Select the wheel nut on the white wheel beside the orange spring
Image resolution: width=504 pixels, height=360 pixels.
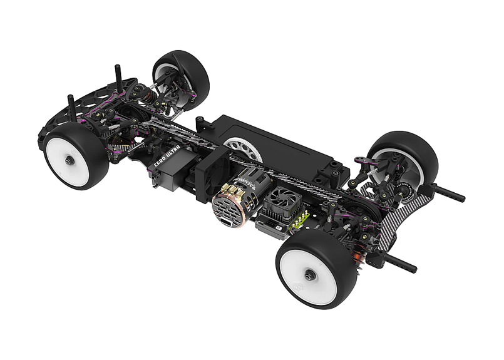(x=309, y=274)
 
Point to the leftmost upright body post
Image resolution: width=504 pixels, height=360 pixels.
(x=72, y=107)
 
